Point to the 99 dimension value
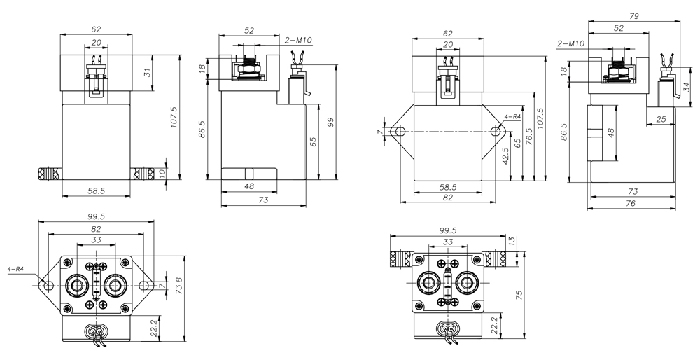click(331, 123)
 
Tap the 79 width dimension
click(634, 16)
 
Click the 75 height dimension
click(519, 295)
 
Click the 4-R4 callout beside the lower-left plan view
click(15, 269)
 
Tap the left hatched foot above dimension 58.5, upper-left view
click(48, 173)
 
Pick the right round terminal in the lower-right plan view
click(468, 282)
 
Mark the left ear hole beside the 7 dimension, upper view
click(399, 132)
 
